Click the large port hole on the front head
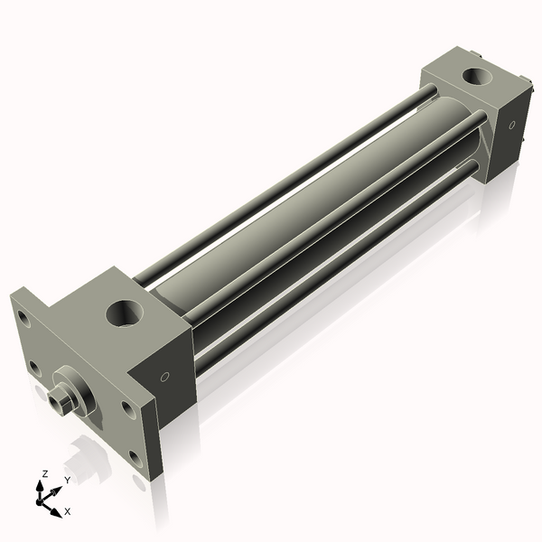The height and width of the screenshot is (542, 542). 125,314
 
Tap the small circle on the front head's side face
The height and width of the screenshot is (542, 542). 165,377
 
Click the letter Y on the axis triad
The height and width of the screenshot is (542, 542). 67,481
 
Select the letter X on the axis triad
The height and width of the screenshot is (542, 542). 68,511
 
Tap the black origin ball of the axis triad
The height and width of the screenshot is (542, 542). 42,497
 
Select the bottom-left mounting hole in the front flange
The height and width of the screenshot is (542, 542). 33,367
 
